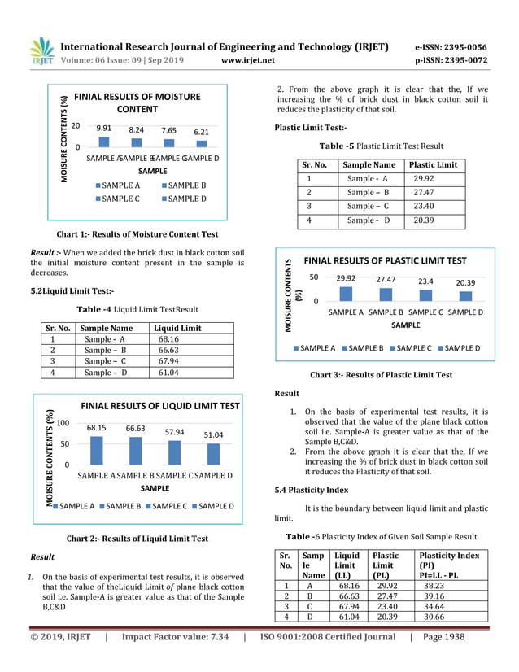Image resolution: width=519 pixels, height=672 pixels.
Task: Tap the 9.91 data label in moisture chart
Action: pyautogui.click(x=103, y=129)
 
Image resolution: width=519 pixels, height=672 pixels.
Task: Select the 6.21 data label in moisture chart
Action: pyautogui.click(x=202, y=131)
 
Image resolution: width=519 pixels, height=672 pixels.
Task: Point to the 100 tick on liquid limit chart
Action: pyautogui.click(x=63, y=424)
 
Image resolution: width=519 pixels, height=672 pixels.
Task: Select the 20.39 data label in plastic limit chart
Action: pyautogui.click(x=465, y=282)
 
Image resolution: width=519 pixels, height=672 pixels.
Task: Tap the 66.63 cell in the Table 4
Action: pyautogui.click(x=169, y=351)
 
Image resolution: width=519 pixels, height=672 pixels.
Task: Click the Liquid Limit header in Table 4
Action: pyautogui.click(x=177, y=328)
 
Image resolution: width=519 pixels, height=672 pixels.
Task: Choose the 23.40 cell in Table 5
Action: pyautogui.click(x=424, y=207)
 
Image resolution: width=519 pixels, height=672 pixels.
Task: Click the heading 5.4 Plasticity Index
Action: pyautogui.click(x=312, y=490)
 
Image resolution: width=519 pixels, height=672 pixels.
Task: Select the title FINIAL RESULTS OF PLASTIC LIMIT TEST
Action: pyautogui.click(x=385, y=260)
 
